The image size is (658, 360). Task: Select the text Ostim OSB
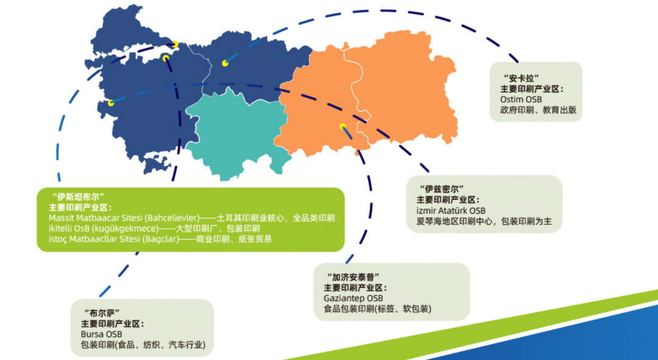(521, 99)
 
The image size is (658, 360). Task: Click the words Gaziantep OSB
(353, 298)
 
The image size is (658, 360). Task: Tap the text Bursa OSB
(101, 334)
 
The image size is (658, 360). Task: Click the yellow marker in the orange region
(343, 127)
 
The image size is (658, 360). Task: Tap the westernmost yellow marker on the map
(111, 103)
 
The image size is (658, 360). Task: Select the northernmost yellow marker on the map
(175, 44)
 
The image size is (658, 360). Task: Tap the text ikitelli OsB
(69, 228)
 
